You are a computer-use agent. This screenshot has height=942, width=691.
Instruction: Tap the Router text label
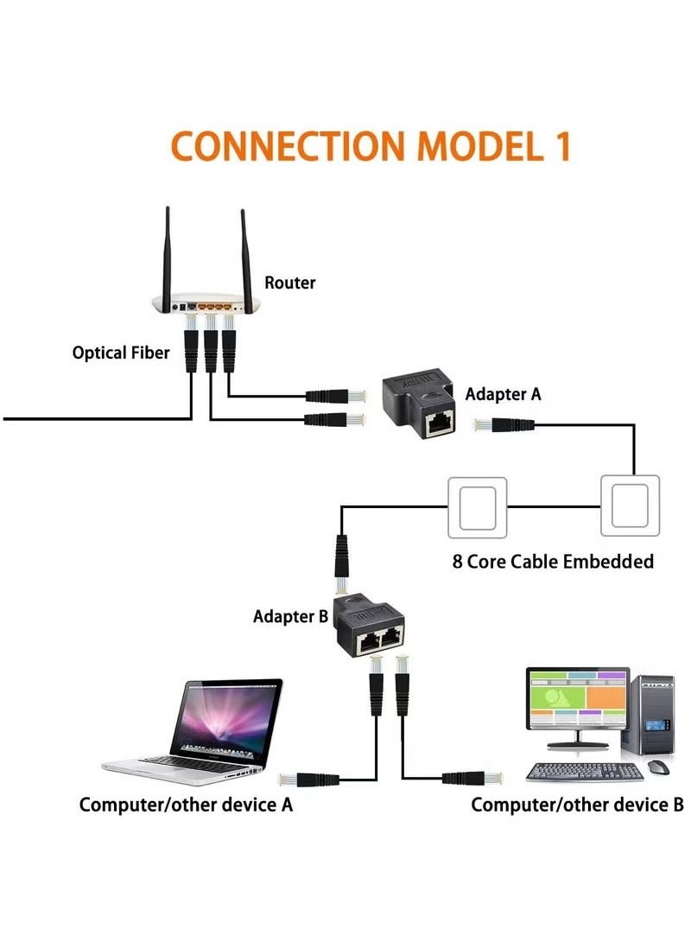pyautogui.click(x=289, y=283)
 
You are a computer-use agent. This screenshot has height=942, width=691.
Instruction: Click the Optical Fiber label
pyautogui.click(x=121, y=353)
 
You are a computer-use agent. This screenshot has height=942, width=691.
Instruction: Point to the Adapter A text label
pyautogui.click(x=503, y=394)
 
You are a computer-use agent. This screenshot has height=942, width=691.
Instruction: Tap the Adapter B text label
pyautogui.click(x=290, y=616)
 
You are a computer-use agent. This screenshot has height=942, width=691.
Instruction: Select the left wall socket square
pyautogui.click(x=477, y=506)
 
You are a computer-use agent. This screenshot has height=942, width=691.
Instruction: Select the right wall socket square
pyautogui.click(x=630, y=506)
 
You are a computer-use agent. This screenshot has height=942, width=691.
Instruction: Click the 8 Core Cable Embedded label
pyautogui.click(x=553, y=561)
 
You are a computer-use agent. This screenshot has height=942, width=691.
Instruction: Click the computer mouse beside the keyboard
pyautogui.click(x=660, y=767)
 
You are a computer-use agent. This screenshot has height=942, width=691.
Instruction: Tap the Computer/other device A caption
pyautogui.click(x=186, y=805)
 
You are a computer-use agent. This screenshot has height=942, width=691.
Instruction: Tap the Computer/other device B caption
pyautogui.click(x=577, y=805)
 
